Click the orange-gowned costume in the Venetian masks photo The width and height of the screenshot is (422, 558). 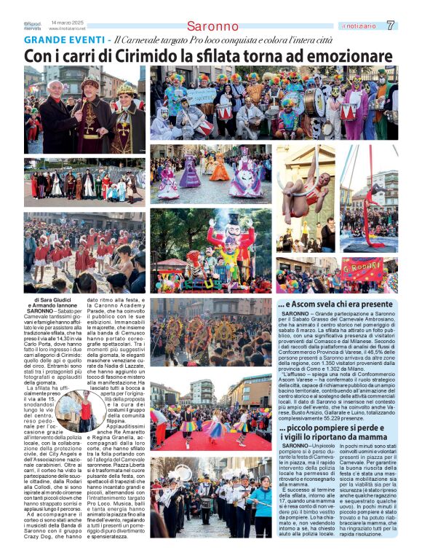click(219, 169)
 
